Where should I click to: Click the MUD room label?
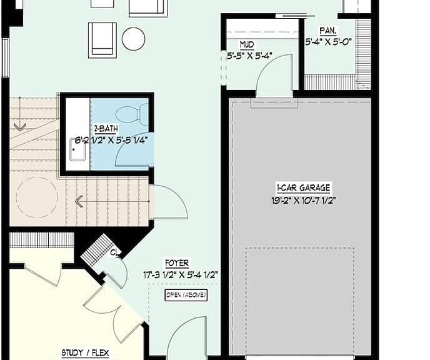pyautogui.click(x=247, y=45)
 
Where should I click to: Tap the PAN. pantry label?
pyautogui.click(x=328, y=31)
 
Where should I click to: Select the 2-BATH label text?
pyautogui.click(x=106, y=129)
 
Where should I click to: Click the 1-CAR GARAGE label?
pyautogui.click(x=303, y=188)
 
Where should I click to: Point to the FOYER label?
pyautogui.click(x=177, y=263)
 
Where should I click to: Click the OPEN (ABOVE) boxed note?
pyautogui.click(x=186, y=295)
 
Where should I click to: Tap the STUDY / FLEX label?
pyautogui.click(x=85, y=353)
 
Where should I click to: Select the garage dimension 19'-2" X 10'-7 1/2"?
pyautogui.click(x=303, y=201)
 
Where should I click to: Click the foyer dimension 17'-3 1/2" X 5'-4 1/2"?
pyautogui.click(x=181, y=275)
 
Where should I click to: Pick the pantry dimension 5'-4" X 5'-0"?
pyautogui.click(x=329, y=42)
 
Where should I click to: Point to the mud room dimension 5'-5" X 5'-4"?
pyautogui.click(x=249, y=56)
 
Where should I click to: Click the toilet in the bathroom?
pyautogui.click(x=132, y=114)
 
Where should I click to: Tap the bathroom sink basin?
pyautogui.click(x=77, y=150)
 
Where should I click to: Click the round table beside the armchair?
pyautogui.click(x=133, y=39)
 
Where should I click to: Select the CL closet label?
pyautogui.click(x=114, y=252)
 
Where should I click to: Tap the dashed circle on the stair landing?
pyautogui.click(x=37, y=197)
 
